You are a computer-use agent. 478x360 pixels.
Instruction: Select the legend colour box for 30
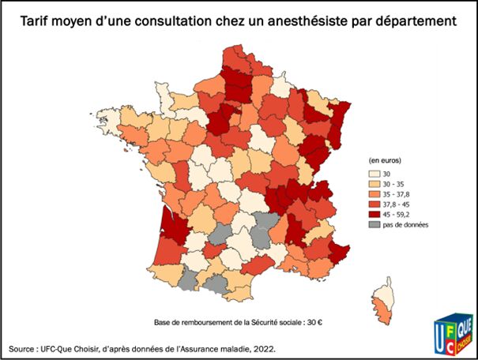pyautogui.click(x=374, y=173)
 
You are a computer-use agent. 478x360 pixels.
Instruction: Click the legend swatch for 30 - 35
pyautogui.click(x=374, y=186)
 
